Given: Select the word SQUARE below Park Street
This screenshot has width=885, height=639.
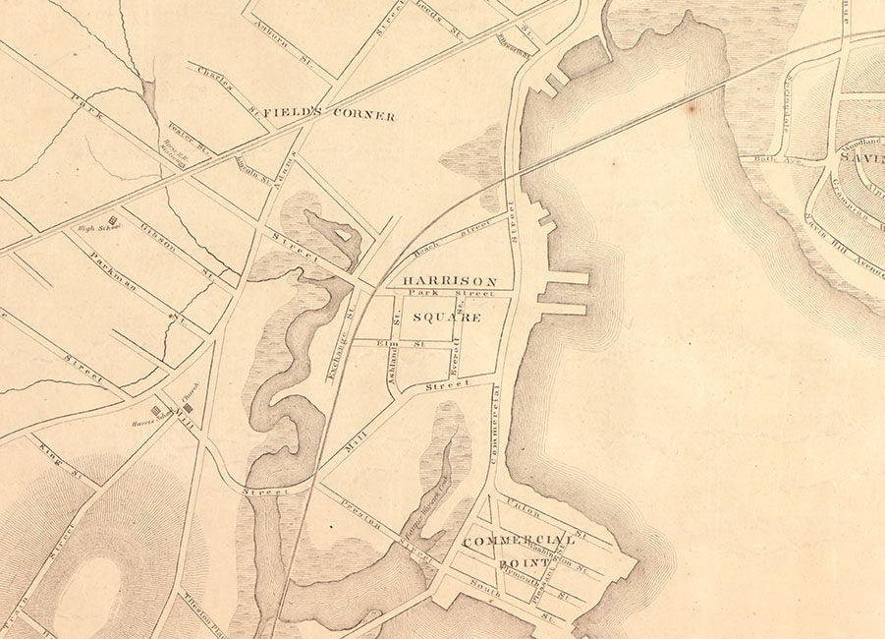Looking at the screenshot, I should tap(446, 318).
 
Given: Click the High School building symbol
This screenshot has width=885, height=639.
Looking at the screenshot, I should tap(113, 220).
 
